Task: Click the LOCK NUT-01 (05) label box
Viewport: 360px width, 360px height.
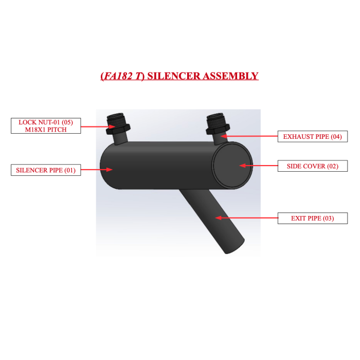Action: (46, 126)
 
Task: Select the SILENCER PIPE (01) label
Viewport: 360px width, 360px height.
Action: (46, 170)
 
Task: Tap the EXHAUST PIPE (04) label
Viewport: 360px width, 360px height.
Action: (313, 137)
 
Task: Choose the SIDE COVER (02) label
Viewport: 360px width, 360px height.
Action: (313, 166)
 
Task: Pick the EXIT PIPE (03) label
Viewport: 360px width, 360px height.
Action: (313, 219)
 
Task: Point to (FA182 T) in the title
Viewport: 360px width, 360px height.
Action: (122, 76)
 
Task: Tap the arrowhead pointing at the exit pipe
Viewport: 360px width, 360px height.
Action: (218, 218)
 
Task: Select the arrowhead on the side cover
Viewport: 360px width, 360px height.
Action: (242, 166)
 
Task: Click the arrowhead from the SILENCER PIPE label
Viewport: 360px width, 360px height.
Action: (109, 170)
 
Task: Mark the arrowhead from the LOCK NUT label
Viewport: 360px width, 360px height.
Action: (112, 127)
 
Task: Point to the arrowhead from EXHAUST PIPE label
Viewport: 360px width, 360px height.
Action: (224, 136)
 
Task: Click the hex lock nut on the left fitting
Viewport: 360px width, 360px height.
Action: (118, 130)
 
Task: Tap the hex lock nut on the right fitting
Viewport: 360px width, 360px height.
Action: (218, 129)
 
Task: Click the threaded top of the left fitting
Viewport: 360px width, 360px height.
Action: (116, 119)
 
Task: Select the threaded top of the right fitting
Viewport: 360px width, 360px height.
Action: (216, 119)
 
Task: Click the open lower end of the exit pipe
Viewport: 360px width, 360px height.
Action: (235, 247)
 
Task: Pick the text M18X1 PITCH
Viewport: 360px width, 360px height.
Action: (46, 130)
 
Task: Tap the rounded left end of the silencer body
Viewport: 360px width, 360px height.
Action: (107, 166)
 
